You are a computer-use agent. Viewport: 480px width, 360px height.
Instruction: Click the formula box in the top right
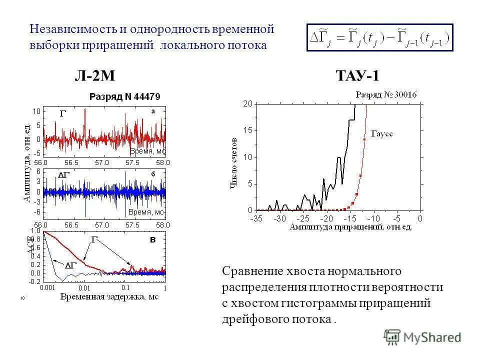point(379,37)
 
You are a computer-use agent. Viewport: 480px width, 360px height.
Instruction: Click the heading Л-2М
point(95,76)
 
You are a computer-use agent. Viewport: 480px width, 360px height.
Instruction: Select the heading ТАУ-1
point(358,76)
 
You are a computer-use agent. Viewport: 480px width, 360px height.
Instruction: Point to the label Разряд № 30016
point(386,94)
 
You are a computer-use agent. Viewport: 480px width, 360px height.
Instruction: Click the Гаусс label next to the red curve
point(382,134)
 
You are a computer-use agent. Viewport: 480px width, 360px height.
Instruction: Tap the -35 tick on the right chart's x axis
point(256,218)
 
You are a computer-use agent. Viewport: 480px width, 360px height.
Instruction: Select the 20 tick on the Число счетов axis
point(247,103)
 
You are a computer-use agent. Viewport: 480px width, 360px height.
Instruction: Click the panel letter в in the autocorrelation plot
point(154,240)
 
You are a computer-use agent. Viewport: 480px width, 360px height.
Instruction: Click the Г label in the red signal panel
point(62,114)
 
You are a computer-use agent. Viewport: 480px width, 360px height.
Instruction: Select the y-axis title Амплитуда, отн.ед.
point(25,162)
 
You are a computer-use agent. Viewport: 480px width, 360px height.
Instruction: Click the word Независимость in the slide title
point(70,28)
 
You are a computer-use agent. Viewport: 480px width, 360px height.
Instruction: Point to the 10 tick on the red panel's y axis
point(36,110)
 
